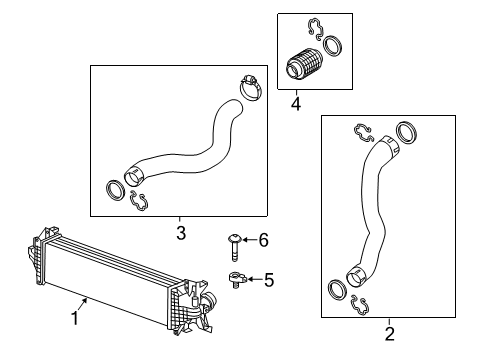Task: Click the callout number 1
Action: pyautogui.click(x=75, y=318)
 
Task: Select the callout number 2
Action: pyautogui.click(x=389, y=334)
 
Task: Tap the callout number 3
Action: pyautogui.click(x=181, y=233)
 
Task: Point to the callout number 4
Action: pyautogui.click(x=296, y=104)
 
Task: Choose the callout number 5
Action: pyautogui.click(x=269, y=280)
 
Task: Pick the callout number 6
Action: pyautogui.click(x=263, y=240)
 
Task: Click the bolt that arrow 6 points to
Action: pyautogui.click(x=234, y=248)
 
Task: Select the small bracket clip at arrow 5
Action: pyautogui.click(x=237, y=279)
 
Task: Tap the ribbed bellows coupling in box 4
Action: pyautogui.click(x=303, y=65)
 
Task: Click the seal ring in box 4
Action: pyautogui.click(x=333, y=46)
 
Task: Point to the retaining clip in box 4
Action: pyautogui.click(x=316, y=29)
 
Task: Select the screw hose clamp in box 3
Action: pyautogui.click(x=251, y=87)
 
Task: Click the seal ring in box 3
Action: pyautogui.click(x=115, y=190)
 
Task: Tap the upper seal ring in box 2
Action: pyautogui.click(x=406, y=132)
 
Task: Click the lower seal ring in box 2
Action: pyautogui.click(x=337, y=290)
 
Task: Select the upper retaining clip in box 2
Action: pyautogui.click(x=363, y=133)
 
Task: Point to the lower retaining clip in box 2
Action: pyautogui.click(x=359, y=305)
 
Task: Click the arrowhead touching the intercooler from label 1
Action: pyautogui.click(x=85, y=301)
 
